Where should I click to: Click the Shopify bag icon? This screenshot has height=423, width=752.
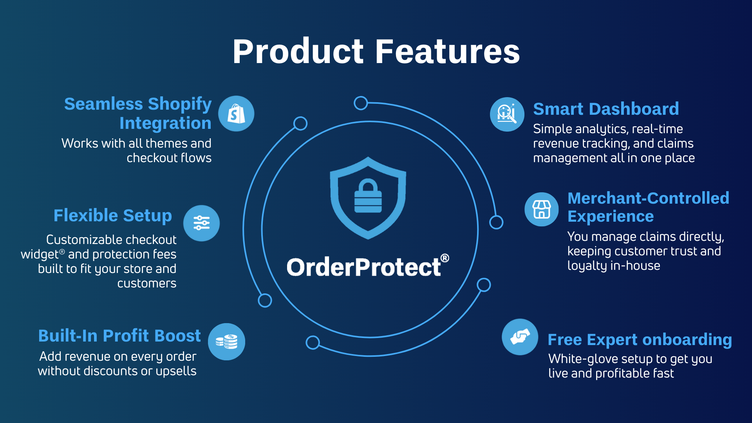[236, 114]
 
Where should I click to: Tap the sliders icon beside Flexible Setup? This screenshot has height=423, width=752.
[202, 223]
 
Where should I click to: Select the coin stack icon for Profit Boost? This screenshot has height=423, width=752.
[226, 342]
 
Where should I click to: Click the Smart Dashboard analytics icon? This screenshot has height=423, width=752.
[507, 114]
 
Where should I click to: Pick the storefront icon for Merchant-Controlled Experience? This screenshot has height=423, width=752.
[542, 209]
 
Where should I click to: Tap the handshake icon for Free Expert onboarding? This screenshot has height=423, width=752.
[520, 337]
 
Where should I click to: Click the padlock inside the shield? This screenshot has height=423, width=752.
[368, 196]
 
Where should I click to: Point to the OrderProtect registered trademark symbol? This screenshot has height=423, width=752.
[445, 258]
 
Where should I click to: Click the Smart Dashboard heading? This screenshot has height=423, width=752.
[606, 108]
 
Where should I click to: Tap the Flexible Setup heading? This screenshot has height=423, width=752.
[113, 215]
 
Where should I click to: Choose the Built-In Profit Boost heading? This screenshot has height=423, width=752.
[119, 336]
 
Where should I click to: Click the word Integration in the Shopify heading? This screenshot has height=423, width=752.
[165, 123]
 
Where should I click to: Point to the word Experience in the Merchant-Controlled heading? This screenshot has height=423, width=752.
[611, 217]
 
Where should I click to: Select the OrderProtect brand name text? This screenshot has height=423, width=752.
[364, 267]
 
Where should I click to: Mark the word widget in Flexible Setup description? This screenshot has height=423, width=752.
[40, 255]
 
